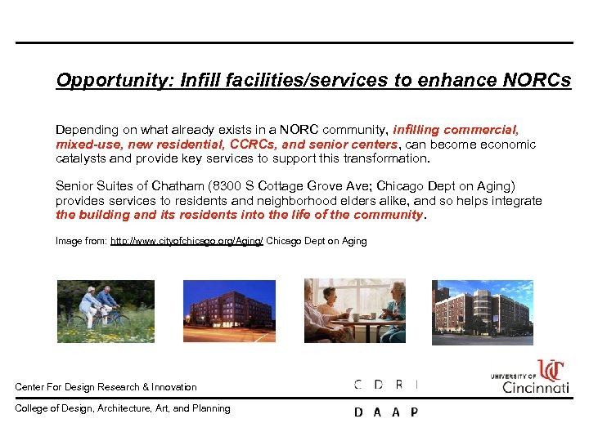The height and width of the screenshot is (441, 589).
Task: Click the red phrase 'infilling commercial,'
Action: (456, 130)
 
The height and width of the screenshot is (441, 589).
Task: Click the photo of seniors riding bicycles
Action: (105, 310)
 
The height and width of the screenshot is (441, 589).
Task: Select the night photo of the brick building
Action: (230, 310)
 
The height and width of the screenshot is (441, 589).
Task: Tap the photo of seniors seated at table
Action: (355, 310)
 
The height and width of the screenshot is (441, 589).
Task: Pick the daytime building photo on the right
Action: (482, 310)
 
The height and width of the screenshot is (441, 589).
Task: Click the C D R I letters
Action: (386, 385)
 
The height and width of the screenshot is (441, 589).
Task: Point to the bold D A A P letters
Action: (386, 412)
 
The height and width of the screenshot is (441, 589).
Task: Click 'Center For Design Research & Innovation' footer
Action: (106, 387)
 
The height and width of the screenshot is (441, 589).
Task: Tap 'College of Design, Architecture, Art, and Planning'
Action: (123, 408)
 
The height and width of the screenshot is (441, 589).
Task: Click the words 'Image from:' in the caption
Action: (80, 241)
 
